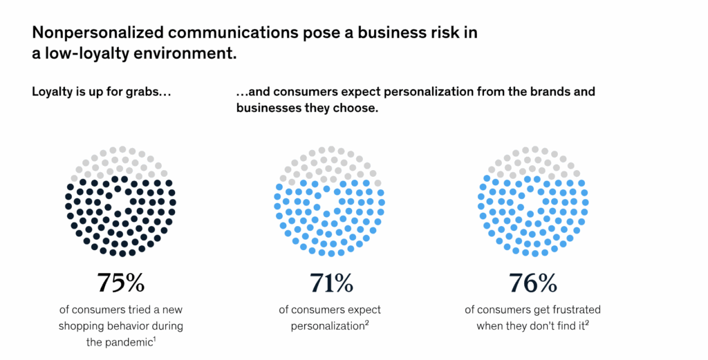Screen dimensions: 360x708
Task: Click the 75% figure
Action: click(x=120, y=283)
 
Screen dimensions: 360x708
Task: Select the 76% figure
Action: click(x=532, y=283)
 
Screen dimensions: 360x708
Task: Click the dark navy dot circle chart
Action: click(x=120, y=201)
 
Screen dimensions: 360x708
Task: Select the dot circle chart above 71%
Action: click(x=329, y=201)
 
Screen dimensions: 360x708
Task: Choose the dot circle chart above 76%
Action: click(x=532, y=201)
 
